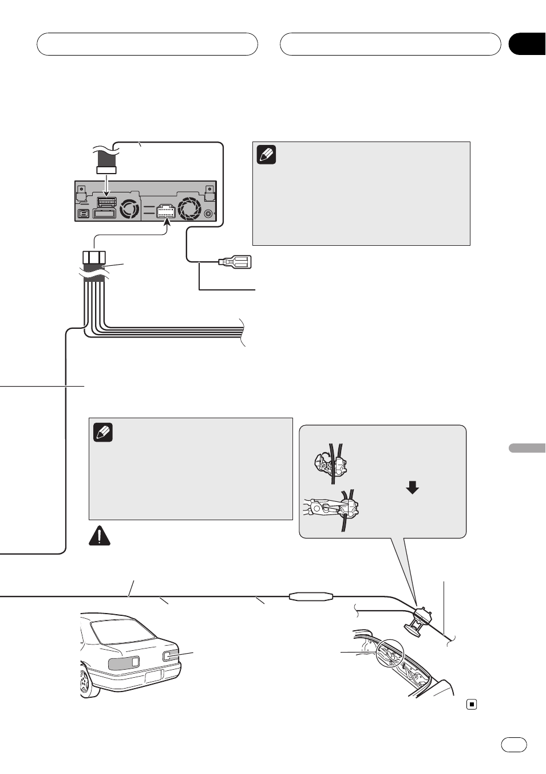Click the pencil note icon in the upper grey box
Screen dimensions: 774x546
point(267,155)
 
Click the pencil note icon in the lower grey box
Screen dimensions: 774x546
point(103,432)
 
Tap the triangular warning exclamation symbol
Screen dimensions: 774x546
point(100,536)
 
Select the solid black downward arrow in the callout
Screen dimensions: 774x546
point(412,487)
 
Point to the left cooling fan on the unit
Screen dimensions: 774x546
point(129,208)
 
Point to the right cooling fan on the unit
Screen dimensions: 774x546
point(189,208)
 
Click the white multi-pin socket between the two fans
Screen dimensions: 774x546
point(165,211)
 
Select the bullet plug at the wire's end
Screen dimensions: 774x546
point(235,262)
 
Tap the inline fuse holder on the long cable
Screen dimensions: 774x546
point(311,596)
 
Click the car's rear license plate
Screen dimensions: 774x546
point(154,677)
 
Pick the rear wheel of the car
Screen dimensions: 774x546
point(85,682)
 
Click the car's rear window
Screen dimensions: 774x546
point(123,631)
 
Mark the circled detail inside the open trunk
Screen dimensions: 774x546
point(390,653)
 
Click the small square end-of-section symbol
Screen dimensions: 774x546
point(472,704)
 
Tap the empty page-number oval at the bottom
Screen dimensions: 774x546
point(514,744)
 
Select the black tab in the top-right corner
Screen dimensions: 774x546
point(528,44)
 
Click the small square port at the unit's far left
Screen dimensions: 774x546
point(83,214)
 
